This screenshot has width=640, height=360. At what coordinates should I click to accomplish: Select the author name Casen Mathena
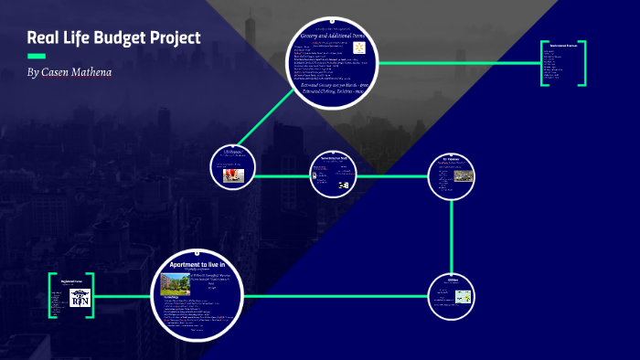pyautogui.click(x=77, y=71)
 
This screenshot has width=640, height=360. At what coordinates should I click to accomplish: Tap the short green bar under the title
pyautogui.click(x=36, y=56)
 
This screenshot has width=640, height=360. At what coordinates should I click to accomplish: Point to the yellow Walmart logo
pyautogui.click(x=358, y=47)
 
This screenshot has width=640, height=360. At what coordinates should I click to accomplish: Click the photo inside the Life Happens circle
pyautogui.click(x=232, y=172)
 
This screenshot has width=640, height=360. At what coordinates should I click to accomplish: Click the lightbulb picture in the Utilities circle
pyautogui.click(x=464, y=296)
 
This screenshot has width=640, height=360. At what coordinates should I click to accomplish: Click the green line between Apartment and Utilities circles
pyautogui.click(x=338, y=296)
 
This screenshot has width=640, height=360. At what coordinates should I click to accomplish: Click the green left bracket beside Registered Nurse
pyautogui.click(x=51, y=295)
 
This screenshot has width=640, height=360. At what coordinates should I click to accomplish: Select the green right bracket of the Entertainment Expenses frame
pyautogui.click(x=581, y=64)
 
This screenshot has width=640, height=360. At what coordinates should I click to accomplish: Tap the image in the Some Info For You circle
pyautogui.click(x=344, y=185)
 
